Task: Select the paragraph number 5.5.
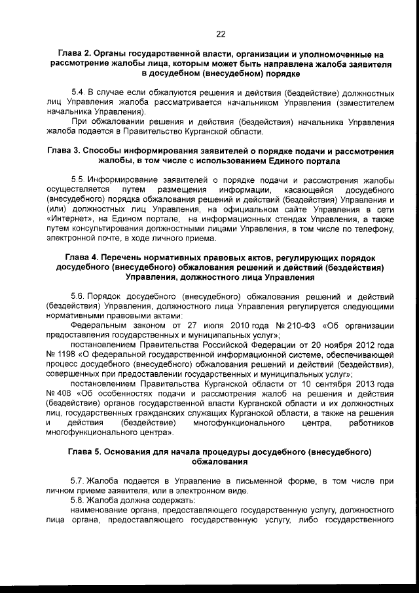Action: (78, 180)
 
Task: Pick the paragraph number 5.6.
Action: (78, 297)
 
